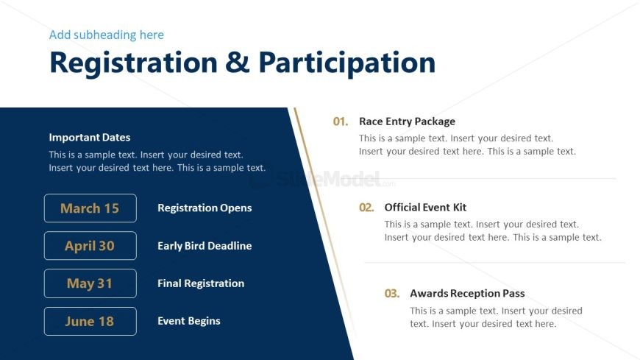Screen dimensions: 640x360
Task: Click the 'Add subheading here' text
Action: click(107, 35)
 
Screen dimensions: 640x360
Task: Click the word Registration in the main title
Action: click(133, 63)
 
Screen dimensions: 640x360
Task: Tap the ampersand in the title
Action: click(238, 62)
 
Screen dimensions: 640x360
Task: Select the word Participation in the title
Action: click(347, 63)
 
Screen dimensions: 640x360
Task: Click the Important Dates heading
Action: click(90, 137)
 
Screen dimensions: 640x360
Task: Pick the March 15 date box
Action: click(90, 208)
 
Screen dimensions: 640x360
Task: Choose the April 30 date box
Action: click(90, 246)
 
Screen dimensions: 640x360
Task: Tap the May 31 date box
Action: click(90, 283)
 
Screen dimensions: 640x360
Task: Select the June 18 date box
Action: click(90, 321)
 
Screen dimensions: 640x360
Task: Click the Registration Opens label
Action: click(205, 208)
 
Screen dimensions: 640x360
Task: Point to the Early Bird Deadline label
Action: click(205, 246)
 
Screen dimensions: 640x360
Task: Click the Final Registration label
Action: click(201, 283)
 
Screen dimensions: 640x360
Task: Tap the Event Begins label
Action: click(189, 321)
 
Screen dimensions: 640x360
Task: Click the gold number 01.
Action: click(341, 121)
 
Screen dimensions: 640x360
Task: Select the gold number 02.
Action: click(366, 208)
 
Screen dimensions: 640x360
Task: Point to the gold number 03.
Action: click(392, 294)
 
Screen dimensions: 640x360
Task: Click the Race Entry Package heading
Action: click(407, 121)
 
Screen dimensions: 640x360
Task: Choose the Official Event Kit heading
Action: click(425, 208)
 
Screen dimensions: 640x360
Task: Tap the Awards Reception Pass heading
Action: click(467, 294)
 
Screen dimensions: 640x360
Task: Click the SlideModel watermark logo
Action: click(322, 179)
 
